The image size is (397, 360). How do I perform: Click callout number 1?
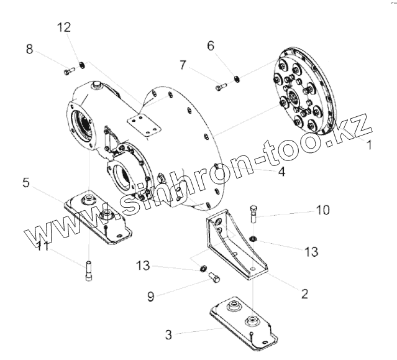pos(368,146)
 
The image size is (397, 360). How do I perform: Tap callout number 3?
pos(168,335)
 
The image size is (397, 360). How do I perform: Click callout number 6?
pos(210,45)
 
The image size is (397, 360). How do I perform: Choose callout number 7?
pos(183,64)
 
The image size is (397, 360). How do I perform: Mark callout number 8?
pos(29,48)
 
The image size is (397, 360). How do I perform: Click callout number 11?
pos(42,246)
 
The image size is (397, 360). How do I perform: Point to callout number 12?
pos(64,27)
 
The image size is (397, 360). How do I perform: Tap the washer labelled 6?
pos(237,78)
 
